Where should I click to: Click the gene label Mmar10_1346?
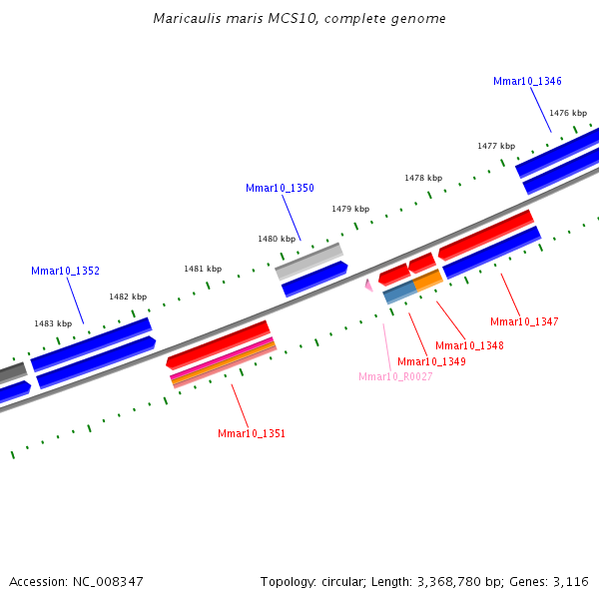point(527,81)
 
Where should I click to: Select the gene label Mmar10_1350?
point(280,188)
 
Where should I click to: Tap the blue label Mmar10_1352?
point(65,271)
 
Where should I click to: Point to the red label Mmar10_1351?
point(252,433)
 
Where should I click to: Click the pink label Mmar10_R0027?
point(395,376)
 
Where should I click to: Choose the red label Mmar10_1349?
point(431,361)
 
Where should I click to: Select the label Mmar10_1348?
point(469,345)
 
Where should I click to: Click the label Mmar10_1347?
point(524,321)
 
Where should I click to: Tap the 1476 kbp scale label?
point(567,113)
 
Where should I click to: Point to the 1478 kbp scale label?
point(423,178)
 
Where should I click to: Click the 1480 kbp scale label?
point(277,239)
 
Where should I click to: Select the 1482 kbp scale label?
point(128,297)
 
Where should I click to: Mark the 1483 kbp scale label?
point(53,323)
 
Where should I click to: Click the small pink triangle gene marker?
point(368,286)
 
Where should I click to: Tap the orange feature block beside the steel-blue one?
point(427,281)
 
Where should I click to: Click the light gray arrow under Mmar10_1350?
point(308,262)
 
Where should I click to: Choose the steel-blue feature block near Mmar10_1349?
point(399,292)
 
